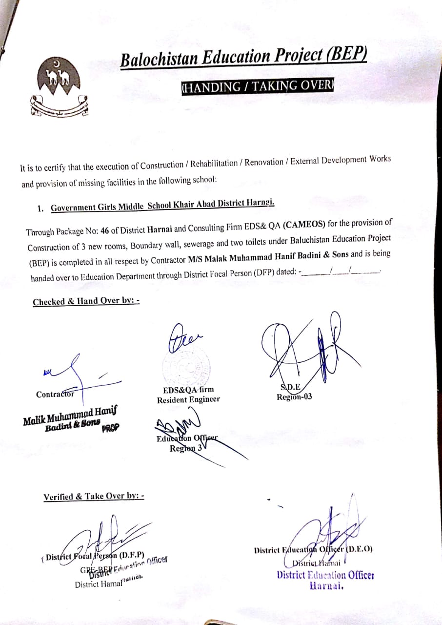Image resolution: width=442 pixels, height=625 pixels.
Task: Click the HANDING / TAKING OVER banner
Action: coord(257,86)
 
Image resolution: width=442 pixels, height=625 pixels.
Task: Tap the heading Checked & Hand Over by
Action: coord(86,301)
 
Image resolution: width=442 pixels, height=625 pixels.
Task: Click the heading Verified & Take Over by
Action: coord(94,497)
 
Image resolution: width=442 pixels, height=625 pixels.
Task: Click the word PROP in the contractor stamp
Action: coord(110,429)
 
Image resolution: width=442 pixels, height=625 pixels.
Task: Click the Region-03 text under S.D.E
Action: coord(294,397)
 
